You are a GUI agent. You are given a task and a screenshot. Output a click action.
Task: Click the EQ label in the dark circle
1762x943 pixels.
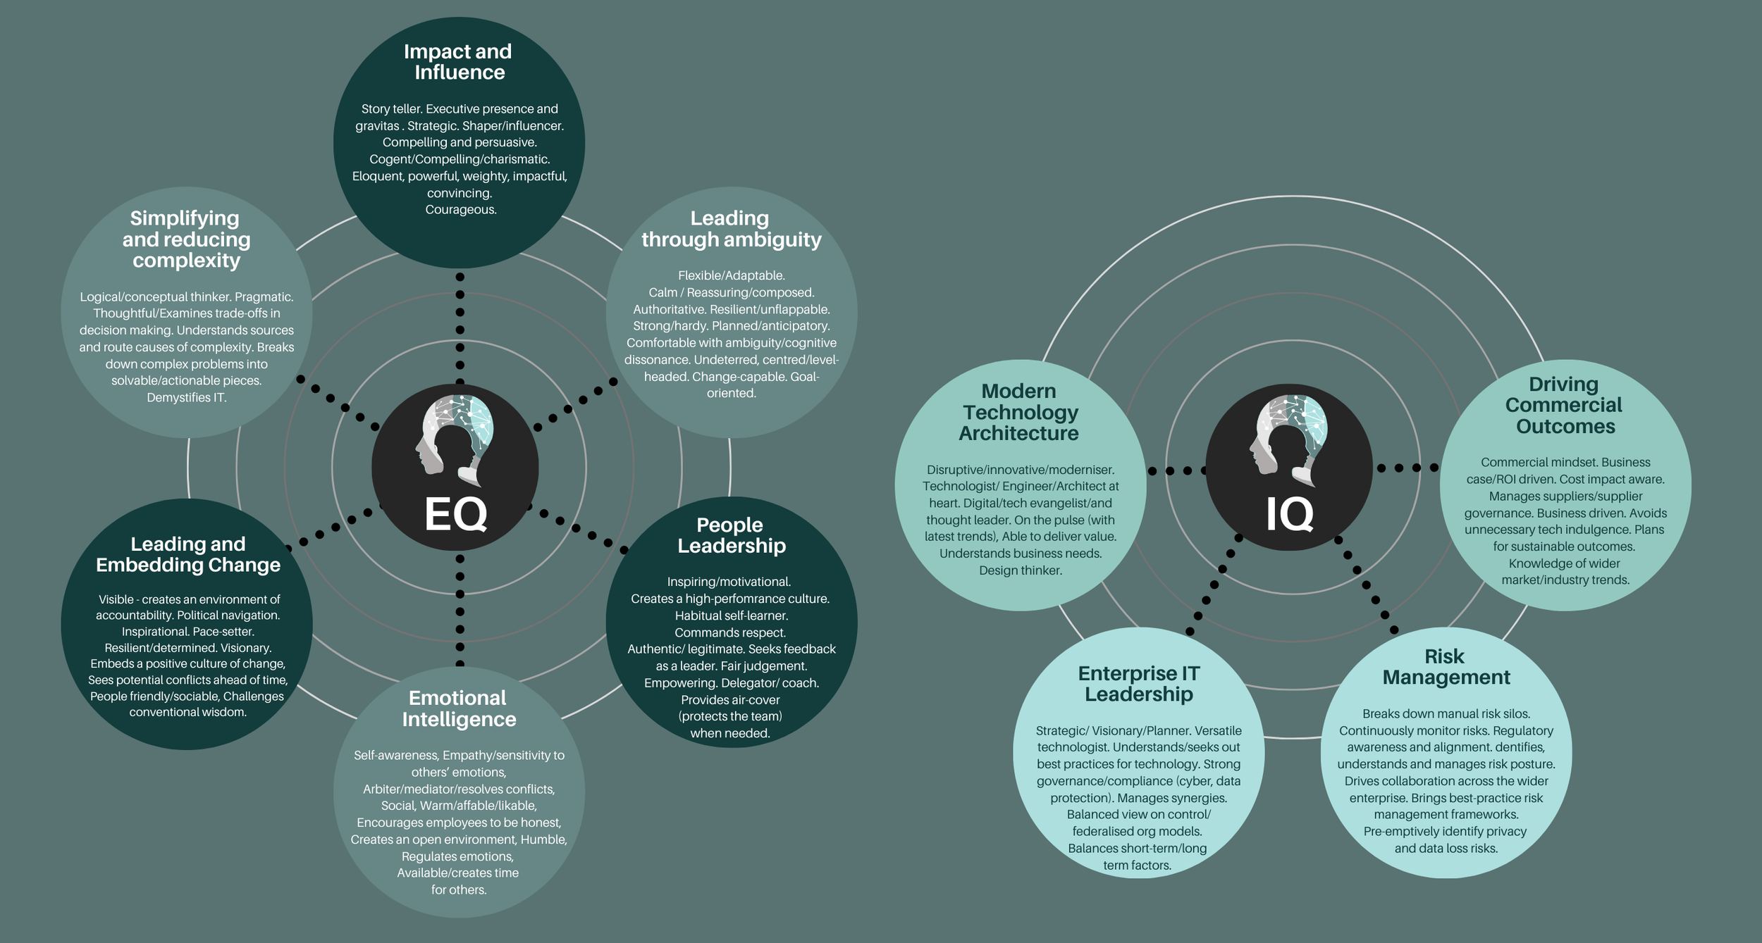pyautogui.click(x=456, y=514)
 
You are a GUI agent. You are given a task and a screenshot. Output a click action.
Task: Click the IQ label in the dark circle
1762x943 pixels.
pyautogui.click(x=1290, y=514)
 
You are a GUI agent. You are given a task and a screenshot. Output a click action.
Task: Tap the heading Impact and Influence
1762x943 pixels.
pyautogui.click(x=458, y=62)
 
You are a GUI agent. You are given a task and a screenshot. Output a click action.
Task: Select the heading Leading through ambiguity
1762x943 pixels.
pyautogui.click(x=731, y=229)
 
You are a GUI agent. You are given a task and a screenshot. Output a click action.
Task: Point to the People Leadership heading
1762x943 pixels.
pyautogui.click(x=731, y=535)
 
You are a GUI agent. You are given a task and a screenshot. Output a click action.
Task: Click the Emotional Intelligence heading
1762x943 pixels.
pyautogui.click(x=459, y=708)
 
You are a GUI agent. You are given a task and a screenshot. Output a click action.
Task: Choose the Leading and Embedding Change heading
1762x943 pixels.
pyautogui.click(x=188, y=554)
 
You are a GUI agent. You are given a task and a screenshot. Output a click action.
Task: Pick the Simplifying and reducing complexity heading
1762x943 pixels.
pyautogui.click(x=186, y=239)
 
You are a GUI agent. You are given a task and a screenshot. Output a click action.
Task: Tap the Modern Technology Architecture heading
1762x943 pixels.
pyautogui.click(x=1020, y=412)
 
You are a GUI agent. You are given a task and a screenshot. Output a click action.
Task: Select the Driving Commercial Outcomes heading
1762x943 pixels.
pyautogui.click(x=1564, y=405)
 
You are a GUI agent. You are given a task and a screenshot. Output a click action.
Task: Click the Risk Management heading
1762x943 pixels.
pyautogui.click(x=1446, y=667)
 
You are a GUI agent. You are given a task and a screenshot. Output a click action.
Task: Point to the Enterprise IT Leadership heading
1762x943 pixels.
pyautogui.click(x=1139, y=684)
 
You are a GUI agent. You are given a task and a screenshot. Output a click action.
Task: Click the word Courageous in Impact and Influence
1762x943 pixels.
pyautogui.click(x=461, y=210)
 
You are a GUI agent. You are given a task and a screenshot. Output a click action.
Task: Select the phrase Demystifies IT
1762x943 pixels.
pyautogui.click(x=187, y=398)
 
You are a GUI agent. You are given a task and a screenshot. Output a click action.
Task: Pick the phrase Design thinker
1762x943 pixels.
pyautogui.click(x=1020, y=570)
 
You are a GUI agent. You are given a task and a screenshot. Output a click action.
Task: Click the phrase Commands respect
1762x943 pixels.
pyautogui.click(x=730, y=632)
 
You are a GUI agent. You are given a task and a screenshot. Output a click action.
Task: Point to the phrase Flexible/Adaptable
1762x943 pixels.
pyautogui.click(x=732, y=275)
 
